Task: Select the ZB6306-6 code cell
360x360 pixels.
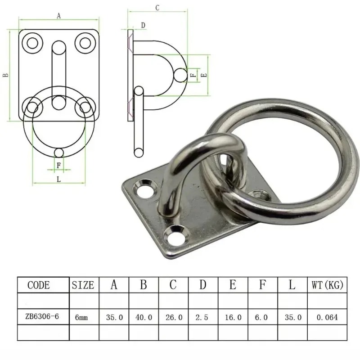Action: (x=43, y=317)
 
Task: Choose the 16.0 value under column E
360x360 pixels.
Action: (x=233, y=317)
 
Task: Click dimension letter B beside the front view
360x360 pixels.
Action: (x=5, y=76)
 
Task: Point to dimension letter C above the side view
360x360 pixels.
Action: (x=157, y=8)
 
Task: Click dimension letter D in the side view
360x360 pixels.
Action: (x=143, y=26)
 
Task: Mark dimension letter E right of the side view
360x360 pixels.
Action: (x=205, y=76)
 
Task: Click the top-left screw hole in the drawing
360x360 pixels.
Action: (x=33, y=43)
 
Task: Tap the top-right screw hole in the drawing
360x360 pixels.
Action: (x=84, y=43)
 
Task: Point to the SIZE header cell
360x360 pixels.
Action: (x=83, y=285)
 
